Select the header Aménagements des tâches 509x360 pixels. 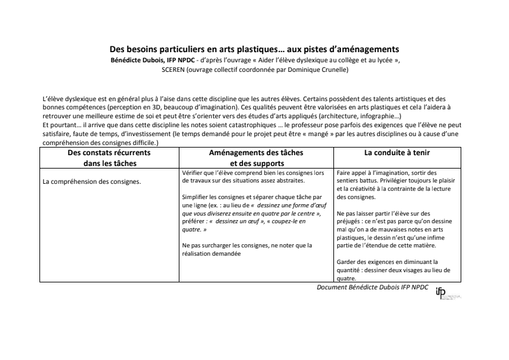pos(256,153)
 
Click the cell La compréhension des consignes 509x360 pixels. pos(92,181)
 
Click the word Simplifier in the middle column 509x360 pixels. pos(196,198)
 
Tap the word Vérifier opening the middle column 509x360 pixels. pos(194,172)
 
